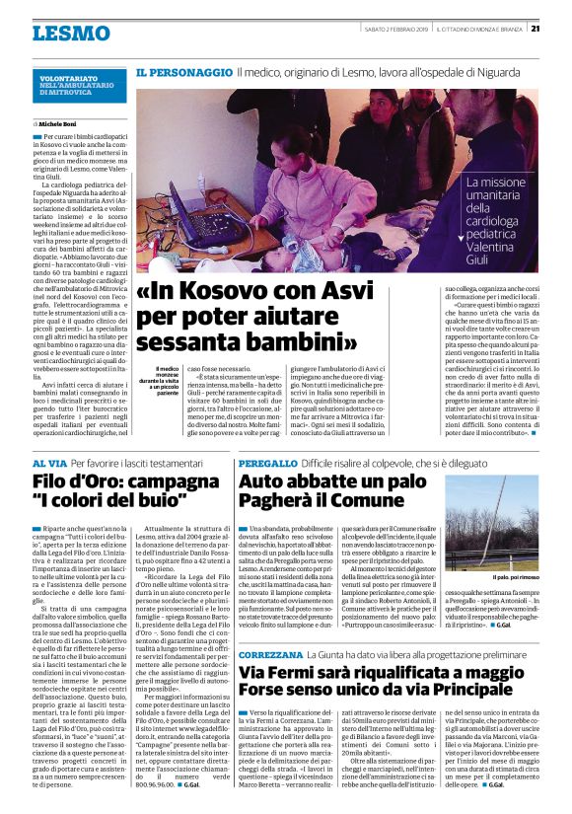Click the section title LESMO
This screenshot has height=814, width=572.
click(x=70, y=34)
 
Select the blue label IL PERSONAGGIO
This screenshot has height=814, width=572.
click(x=183, y=74)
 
